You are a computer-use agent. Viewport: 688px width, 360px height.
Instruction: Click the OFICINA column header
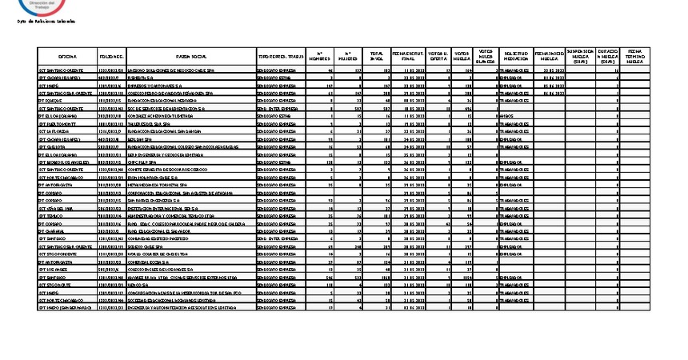(x=67, y=58)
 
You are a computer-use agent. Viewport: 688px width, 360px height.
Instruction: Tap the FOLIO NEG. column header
(x=111, y=58)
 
